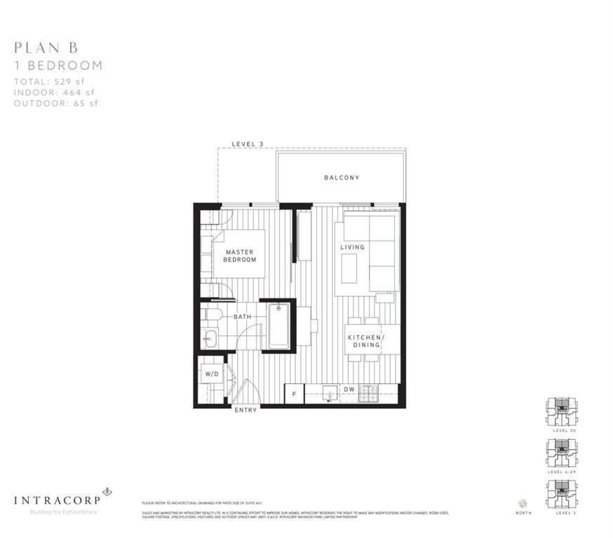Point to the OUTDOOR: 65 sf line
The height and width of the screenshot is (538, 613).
pos(56,103)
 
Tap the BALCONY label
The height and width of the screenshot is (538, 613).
pos(342,178)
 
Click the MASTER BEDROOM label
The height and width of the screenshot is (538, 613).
pos(240,256)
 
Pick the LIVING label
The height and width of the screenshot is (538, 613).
pos(353,247)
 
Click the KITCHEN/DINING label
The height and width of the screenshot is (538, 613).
pos(364,340)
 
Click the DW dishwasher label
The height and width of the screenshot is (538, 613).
pos(349,389)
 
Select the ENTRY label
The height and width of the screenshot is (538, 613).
pos(245,410)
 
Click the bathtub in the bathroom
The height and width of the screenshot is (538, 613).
pos(278,326)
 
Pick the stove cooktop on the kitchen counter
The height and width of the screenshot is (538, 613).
pos(369,394)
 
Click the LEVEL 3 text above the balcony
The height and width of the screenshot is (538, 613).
pos(248,144)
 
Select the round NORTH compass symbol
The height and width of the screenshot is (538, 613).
pos(523,503)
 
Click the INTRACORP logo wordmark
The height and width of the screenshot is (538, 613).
pos(56,499)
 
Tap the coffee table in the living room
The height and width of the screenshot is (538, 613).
pos(349,267)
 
